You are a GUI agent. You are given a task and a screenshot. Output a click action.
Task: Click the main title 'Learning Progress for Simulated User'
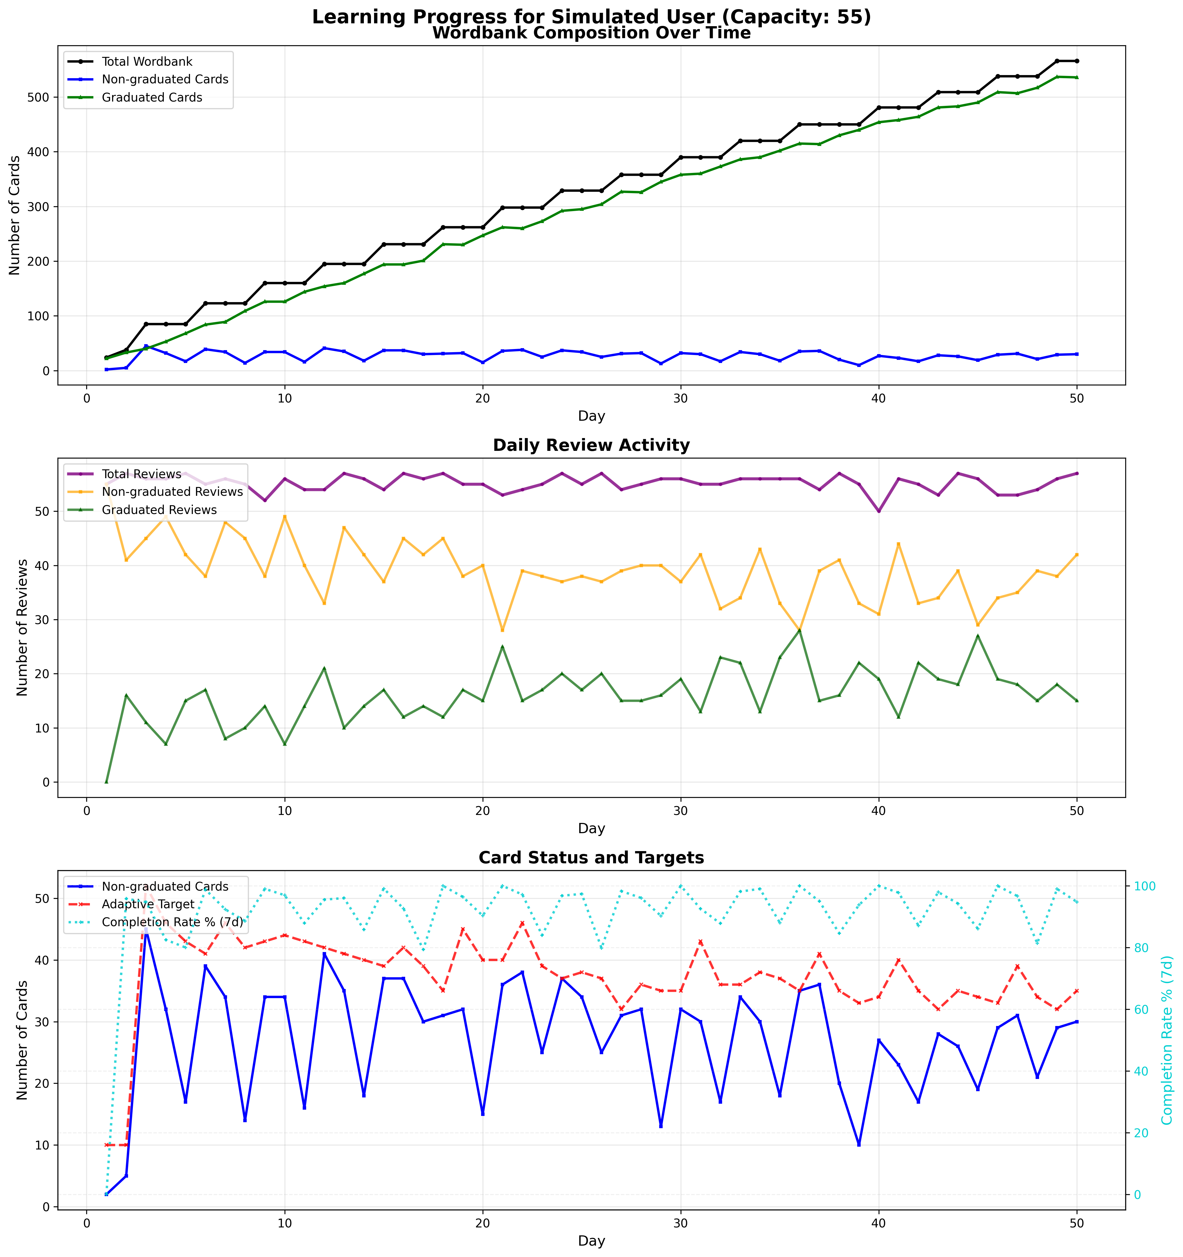click(591, 17)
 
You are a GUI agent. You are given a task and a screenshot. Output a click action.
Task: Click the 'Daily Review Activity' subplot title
click(591, 445)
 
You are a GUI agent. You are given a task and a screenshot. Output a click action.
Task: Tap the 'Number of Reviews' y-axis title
click(23, 627)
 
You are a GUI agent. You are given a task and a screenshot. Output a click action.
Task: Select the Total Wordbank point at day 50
click(1077, 61)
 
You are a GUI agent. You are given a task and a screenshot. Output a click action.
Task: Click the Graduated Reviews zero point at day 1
click(106, 782)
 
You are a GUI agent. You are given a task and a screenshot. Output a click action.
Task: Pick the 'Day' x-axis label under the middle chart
click(591, 828)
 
